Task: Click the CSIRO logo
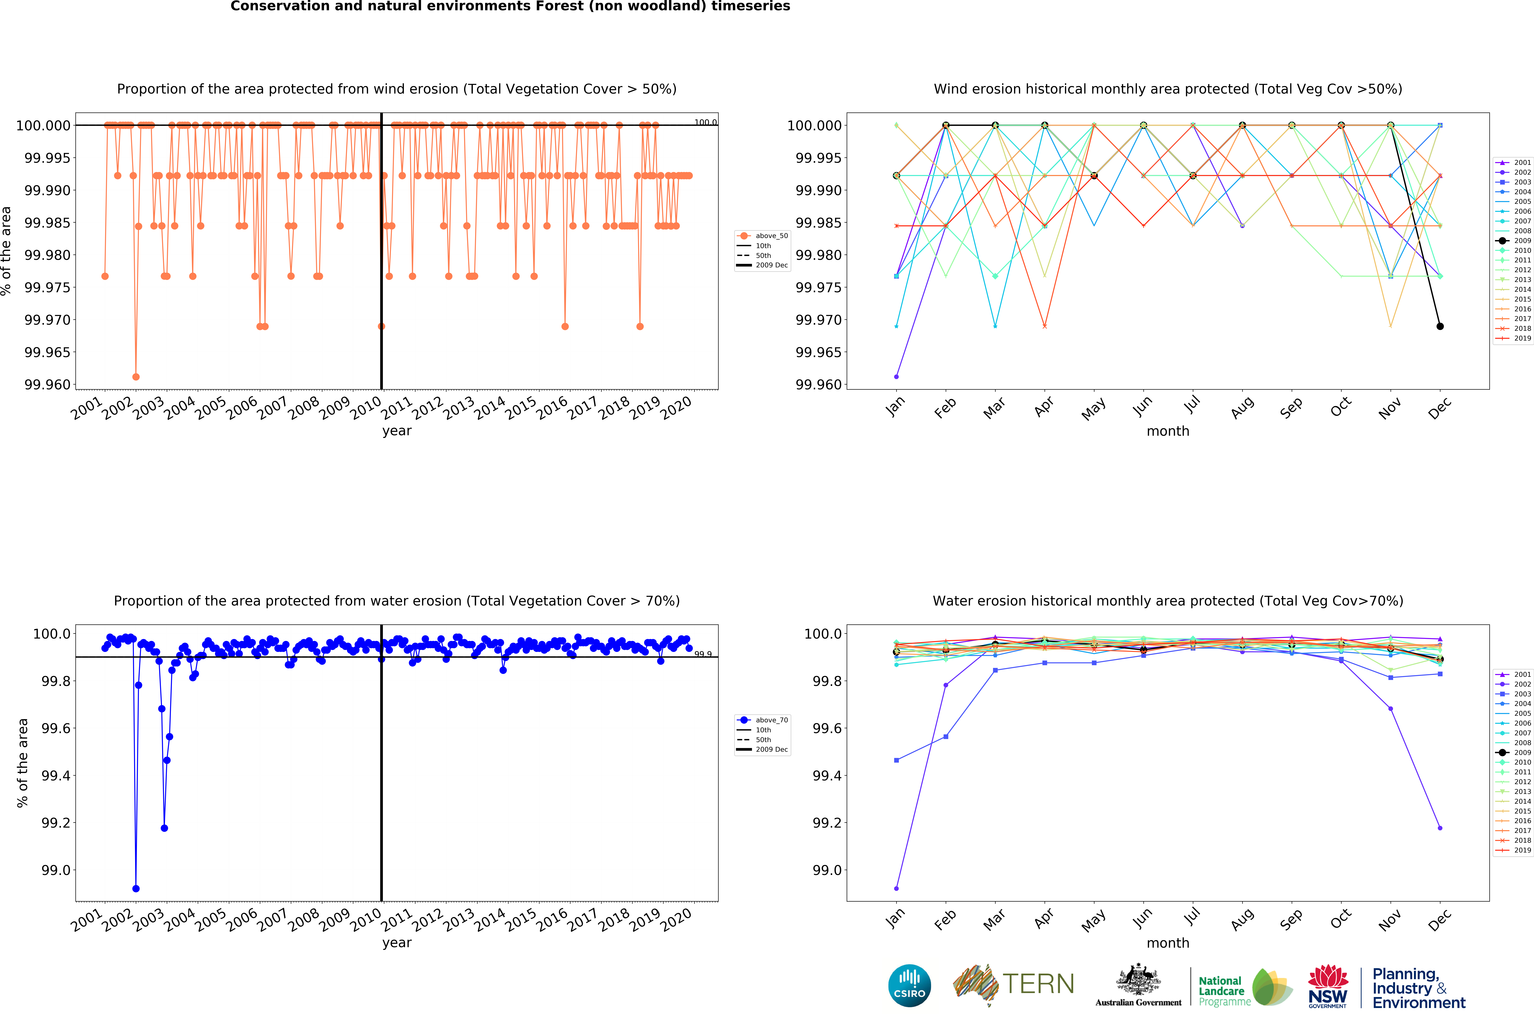tap(909, 985)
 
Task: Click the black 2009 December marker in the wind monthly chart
tap(1440, 326)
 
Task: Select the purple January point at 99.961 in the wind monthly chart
tap(896, 376)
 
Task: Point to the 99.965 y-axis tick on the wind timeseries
tap(47, 352)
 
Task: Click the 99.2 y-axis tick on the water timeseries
tap(56, 823)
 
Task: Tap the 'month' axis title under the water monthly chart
tap(1168, 943)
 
